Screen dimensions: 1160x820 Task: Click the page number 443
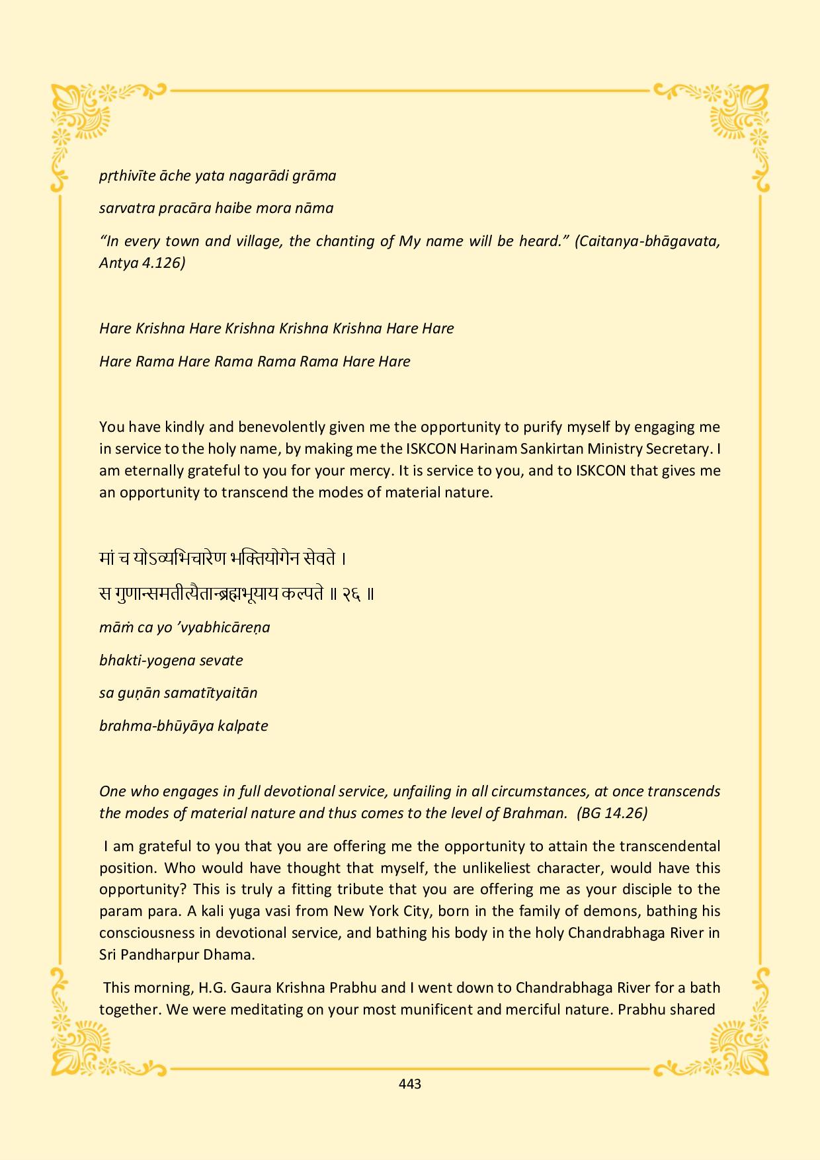tap(410, 1084)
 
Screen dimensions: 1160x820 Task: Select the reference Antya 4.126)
tap(142, 263)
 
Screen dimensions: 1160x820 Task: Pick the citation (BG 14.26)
tap(612, 813)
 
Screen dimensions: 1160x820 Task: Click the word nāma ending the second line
tap(315, 208)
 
